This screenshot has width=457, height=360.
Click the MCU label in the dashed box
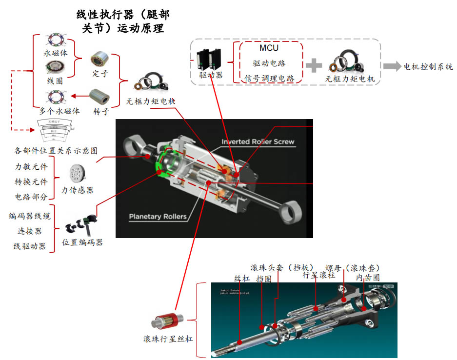269,48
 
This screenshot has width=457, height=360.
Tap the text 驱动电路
269,63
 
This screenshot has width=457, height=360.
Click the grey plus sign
314,65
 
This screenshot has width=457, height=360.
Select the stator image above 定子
99,60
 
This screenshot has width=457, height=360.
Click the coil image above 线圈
55,68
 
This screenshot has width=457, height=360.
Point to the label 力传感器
77,190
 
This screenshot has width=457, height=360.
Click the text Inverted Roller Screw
258,142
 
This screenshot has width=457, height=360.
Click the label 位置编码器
82,242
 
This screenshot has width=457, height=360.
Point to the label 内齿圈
367,277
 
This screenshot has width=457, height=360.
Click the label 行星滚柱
319,275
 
